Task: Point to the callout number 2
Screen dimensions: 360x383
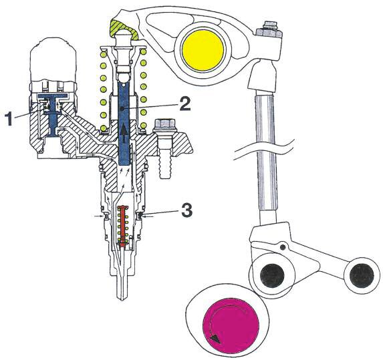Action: point(186,104)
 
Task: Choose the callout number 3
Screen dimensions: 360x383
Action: point(186,212)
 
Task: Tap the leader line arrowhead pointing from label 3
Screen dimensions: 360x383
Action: point(144,214)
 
